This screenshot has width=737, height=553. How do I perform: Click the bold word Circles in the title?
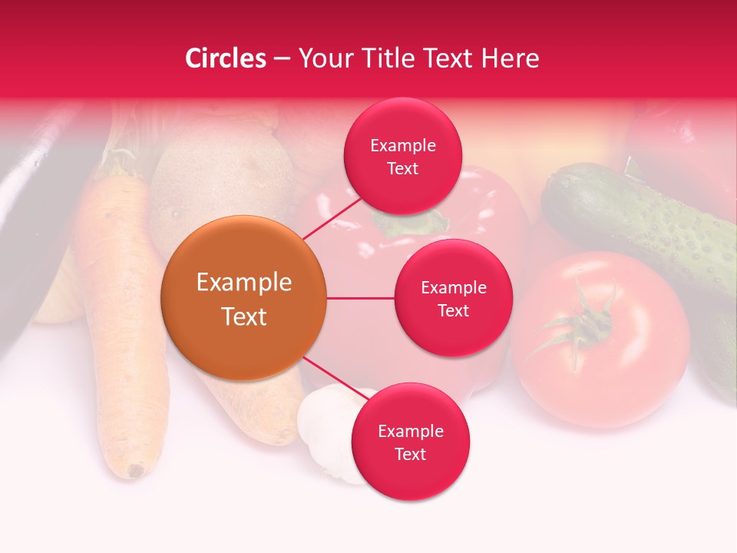pyautogui.click(x=226, y=58)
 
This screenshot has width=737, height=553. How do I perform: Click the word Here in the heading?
pyautogui.click(x=512, y=58)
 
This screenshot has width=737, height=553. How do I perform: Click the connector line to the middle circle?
pyautogui.click(x=361, y=298)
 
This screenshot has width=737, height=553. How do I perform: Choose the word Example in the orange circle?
pyautogui.click(x=244, y=283)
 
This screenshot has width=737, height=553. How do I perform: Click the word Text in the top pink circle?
pyautogui.click(x=402, y=168)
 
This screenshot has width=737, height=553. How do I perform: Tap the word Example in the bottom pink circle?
pyautogui.click(x=410, y=432)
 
